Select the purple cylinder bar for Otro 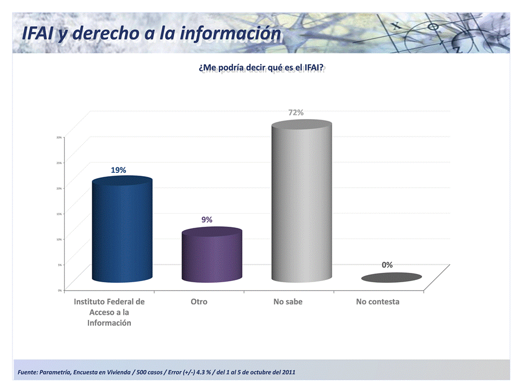pos(212,256)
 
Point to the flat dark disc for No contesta pos(391,277)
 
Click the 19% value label pos(118,170)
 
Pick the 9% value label pos(206,220)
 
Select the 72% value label pos(295,113)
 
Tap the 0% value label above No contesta pos(387,265)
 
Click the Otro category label pos(199,301)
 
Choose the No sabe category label pos(288,301)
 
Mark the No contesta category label pos(378,301)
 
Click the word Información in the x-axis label pos(109,322)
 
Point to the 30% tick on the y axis pos(59,137)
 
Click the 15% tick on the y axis pos(59,214)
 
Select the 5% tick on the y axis pos(59,265)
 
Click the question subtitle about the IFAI pos(261,67)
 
